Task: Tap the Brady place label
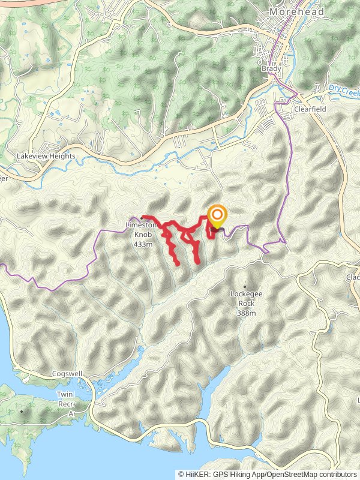tap(271, 70)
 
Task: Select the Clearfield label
tap(309, 110)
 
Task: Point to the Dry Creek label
tap(344, 88)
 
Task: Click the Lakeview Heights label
tap(46, 156)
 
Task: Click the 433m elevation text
tap(144, 244)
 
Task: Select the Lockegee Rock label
tap(246, 294)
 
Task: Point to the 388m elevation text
tap(246, 313)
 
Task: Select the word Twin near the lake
tap(64, 394)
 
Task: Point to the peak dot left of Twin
tap(22, 412)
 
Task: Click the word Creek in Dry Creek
tap(351, 88)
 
